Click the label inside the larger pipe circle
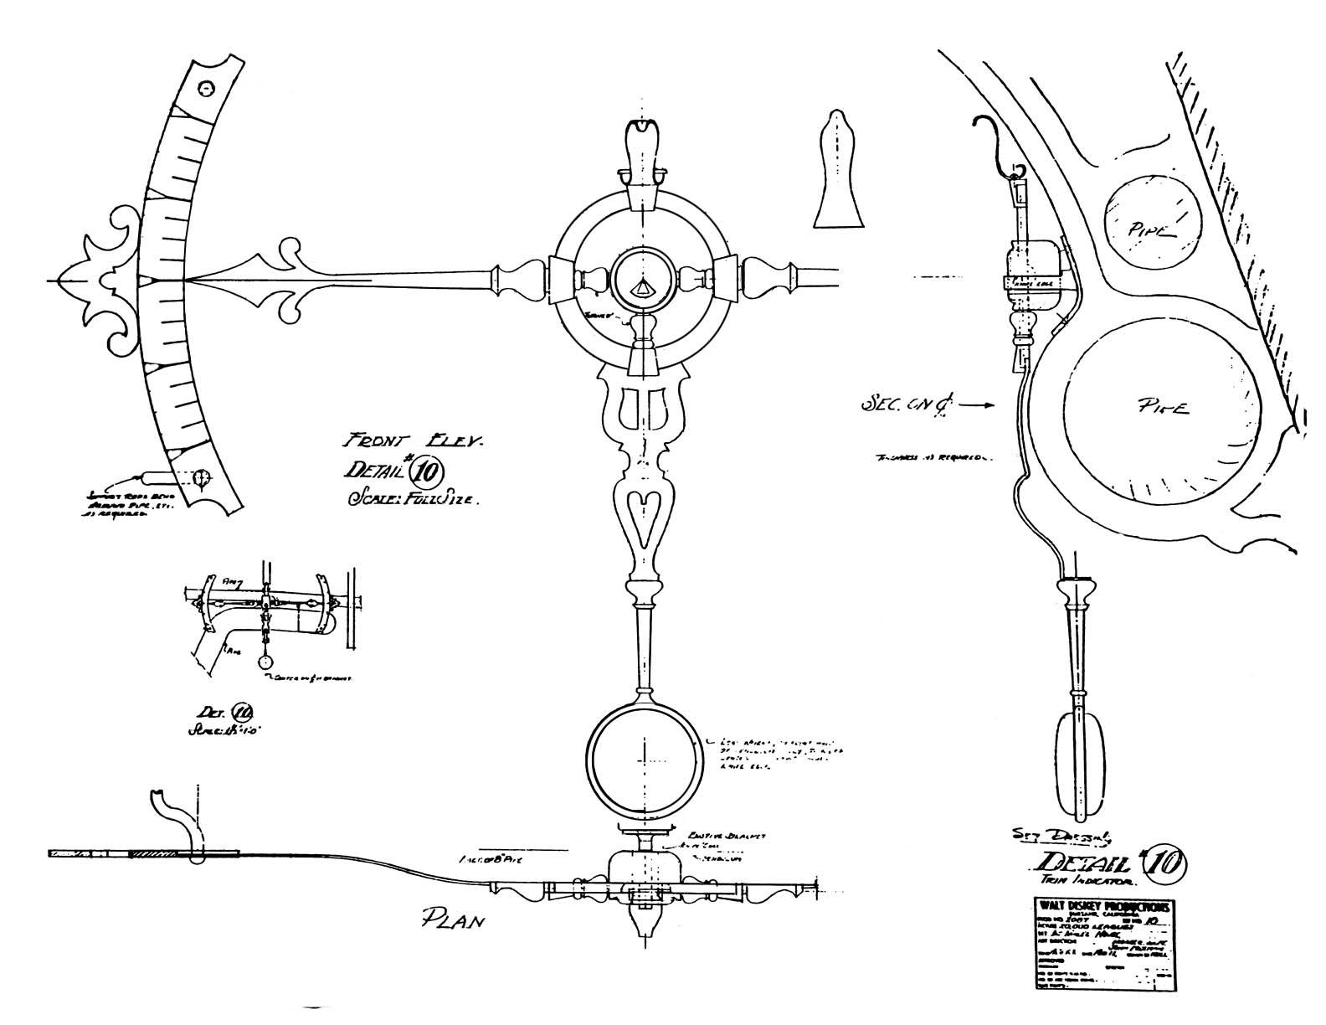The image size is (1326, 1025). click(x=1165, y=408)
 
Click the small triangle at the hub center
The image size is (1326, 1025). click(x=642, y=288)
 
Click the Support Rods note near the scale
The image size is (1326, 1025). click(x=115, y=505)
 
